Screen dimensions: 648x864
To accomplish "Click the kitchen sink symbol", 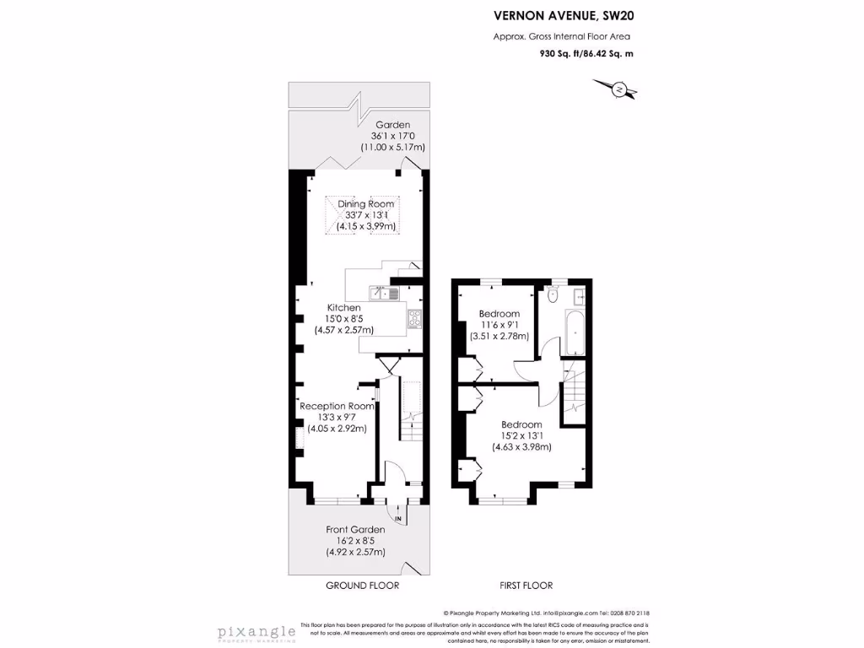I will (x=388, y=294).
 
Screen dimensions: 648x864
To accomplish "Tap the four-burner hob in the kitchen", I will (x=414, y=318).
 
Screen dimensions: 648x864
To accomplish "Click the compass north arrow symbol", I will (x=618, y=89).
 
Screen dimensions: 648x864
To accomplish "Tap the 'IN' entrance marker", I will (x=398, y=517).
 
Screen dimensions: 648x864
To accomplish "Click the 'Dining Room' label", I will (x=366, y=204).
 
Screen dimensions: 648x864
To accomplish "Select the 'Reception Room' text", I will (x=337, y=406).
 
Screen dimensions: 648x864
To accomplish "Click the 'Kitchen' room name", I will (x=344, y=308).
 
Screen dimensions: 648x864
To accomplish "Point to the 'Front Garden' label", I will (x=355, y=530).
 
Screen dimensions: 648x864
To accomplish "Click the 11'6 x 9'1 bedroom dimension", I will (x=499, y=324).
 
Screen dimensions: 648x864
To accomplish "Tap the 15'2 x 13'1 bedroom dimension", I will (x=521, y=435).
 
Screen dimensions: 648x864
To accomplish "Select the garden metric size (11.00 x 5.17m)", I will (x=392, y=147).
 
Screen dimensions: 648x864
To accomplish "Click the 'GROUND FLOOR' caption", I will (x=362, y=586).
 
